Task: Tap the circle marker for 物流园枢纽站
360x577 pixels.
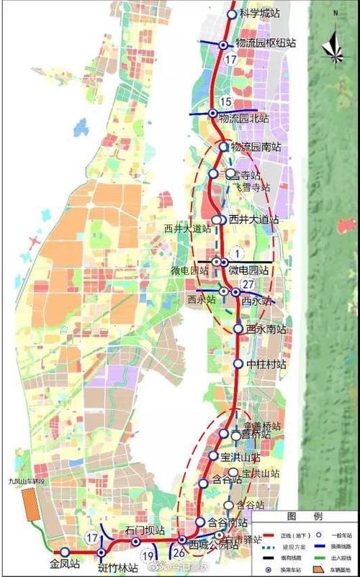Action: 223,45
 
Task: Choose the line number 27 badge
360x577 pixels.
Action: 248,285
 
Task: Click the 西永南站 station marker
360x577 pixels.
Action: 238,329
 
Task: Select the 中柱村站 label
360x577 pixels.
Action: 266,364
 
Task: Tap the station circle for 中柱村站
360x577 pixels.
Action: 238,364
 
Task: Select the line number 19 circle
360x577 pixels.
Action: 148,555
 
